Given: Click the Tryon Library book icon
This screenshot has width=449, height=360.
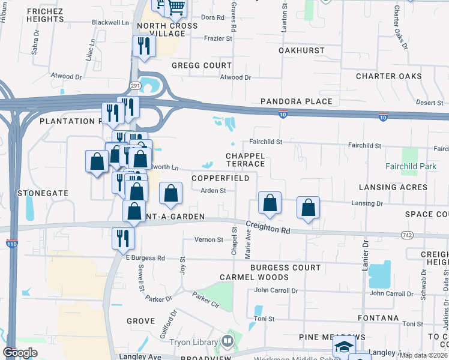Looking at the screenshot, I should [227, 342].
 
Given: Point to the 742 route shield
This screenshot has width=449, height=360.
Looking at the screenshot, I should [408, 236].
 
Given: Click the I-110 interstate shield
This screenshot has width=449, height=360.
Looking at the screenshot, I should [11, 244].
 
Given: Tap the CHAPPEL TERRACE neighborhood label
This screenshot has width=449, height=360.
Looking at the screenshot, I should [245, 160].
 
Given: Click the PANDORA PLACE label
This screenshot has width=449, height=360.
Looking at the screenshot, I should [296, 101].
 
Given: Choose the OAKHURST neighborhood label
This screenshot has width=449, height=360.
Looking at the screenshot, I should [301, 51].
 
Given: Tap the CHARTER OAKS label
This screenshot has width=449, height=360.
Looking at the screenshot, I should [388, 76].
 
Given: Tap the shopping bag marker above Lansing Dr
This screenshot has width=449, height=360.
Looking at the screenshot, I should [308, 208].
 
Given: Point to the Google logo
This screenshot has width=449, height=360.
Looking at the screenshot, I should [20, 353].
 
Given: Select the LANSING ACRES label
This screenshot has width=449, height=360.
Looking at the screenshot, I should [393, 187].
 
